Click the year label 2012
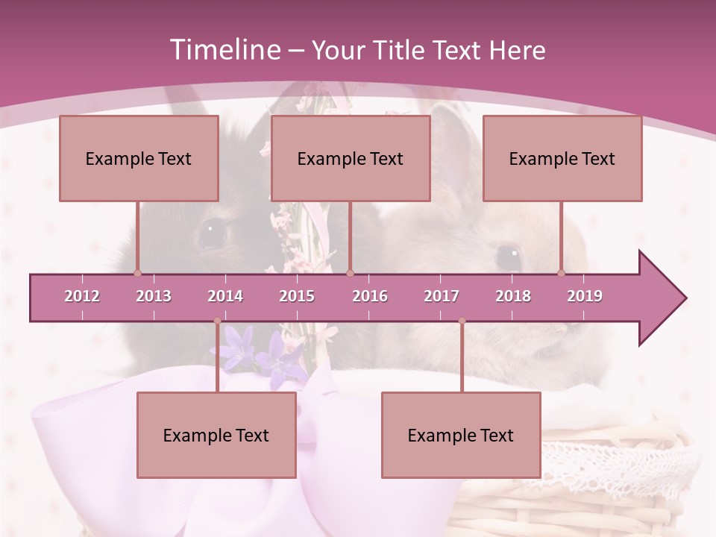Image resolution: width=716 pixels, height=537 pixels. [x=82, y=296]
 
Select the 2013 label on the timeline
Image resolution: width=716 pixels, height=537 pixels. [x=154, y=296]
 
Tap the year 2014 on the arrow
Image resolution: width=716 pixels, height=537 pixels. [x=225, y=296]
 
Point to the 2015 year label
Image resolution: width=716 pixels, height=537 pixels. [x=297, y=296]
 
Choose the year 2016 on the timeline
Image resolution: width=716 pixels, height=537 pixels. [x=370, y=296]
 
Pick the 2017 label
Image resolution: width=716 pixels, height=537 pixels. [x=442, y=296]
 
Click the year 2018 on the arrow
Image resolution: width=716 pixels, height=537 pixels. [x=513, y=296]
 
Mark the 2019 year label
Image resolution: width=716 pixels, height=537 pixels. [x=585, y=296]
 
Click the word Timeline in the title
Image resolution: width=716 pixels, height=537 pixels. [x=224, y=50]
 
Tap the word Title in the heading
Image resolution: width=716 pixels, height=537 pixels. [x=402, y=51]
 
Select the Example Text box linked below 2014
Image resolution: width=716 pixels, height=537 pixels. [x=216, y=435]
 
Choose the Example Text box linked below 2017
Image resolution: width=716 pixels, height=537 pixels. [x=461, y=435]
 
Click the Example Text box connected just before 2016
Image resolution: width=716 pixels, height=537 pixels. [x=351, y=158]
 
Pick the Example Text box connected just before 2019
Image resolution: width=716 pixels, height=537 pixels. [x=562, y=158]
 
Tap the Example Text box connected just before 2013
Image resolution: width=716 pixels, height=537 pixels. [x=139, y=158]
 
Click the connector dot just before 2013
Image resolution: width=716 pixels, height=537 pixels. [x=137, y=273]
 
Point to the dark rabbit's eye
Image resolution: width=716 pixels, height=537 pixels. [x=212, y=233]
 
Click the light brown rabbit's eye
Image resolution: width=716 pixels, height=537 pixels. [x=509, y=257]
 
